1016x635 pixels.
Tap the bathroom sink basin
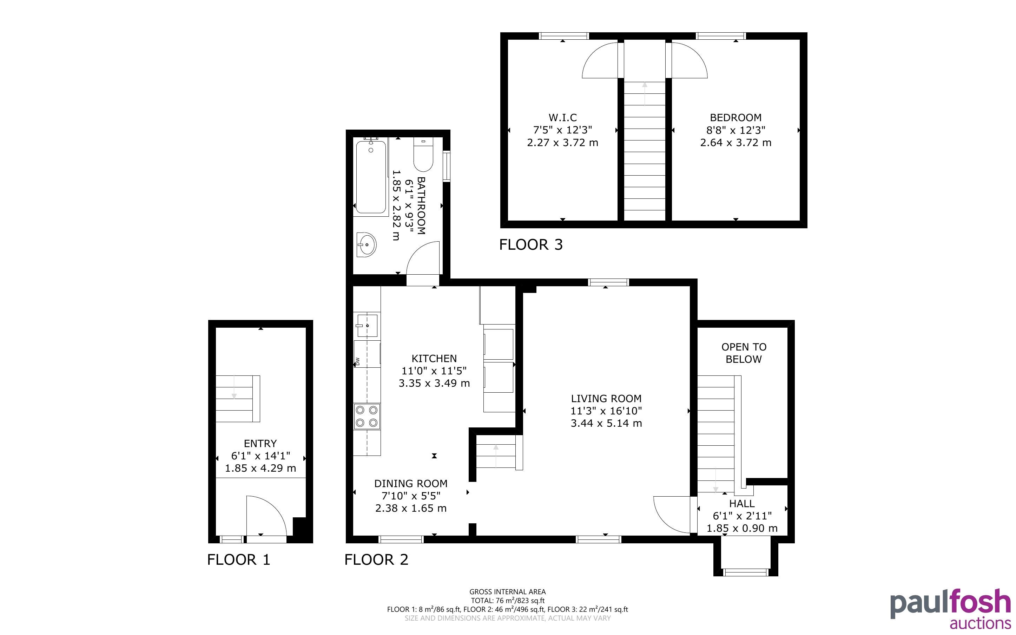367,244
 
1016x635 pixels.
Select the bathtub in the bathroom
371,177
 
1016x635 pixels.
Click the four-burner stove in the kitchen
367,416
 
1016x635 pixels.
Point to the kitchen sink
367,325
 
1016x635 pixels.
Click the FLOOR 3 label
531,244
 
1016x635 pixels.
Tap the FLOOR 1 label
239,559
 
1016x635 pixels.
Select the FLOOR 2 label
376,559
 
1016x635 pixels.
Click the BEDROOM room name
735,118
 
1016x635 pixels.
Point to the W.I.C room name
563,118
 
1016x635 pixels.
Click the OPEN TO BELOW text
744,353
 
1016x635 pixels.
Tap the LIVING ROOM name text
606,398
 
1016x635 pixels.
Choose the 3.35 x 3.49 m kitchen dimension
434,383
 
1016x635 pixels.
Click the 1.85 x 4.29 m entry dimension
260,468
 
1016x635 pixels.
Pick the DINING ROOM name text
411,483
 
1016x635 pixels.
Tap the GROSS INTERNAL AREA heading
507,592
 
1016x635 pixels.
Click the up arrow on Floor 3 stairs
645,93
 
